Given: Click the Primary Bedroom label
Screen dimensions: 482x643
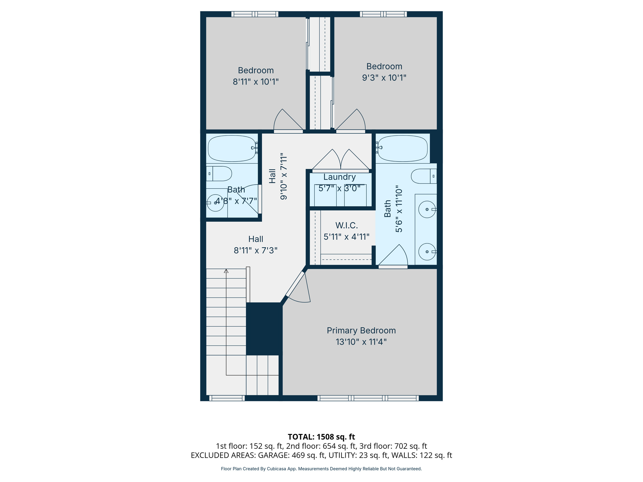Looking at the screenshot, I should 361,330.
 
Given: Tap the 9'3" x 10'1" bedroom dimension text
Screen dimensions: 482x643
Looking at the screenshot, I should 384,78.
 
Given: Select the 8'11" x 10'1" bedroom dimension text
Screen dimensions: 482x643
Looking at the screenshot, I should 256,82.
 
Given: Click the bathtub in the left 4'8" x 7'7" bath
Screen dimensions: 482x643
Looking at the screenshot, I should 232,148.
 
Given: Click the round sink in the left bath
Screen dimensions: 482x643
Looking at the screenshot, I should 215,203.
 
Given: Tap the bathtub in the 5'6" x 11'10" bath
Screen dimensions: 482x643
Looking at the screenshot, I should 403,148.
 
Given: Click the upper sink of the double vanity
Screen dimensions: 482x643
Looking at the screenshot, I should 427,209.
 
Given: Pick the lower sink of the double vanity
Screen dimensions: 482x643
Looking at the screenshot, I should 427,252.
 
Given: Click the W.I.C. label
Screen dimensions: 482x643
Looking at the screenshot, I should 346,225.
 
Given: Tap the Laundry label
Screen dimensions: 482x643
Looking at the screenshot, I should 339,177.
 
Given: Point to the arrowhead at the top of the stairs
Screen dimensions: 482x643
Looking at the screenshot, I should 226,271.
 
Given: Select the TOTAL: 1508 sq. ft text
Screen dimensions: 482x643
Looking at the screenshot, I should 321,437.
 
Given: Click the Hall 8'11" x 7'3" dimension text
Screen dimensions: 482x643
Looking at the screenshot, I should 256,250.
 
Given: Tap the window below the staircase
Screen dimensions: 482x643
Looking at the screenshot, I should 227,398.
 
